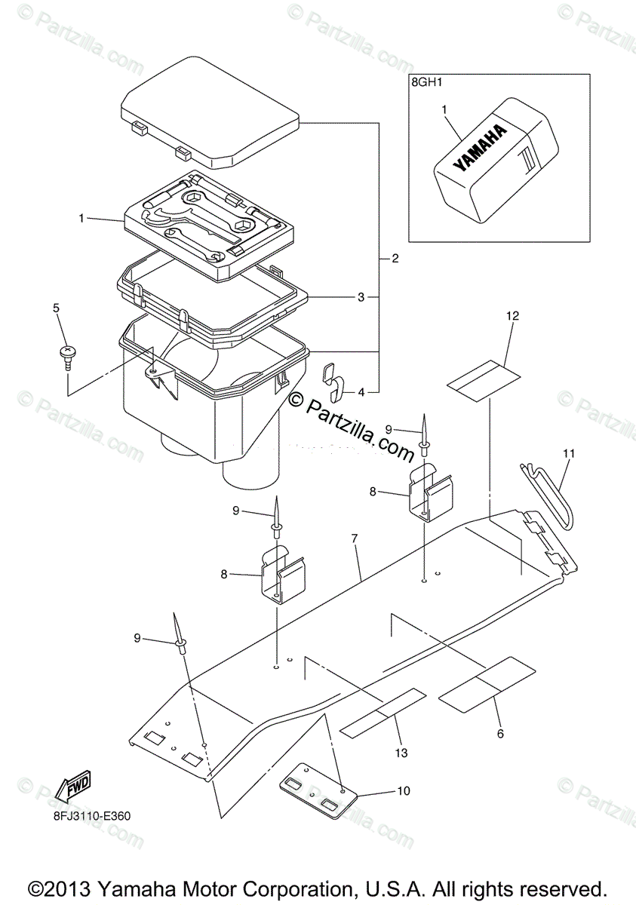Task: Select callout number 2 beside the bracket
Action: [x=395, y=259]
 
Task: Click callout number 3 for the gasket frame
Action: [x=361, y=297]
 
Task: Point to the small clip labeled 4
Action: [x=334, y=381]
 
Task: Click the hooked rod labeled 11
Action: [x=548, y=494]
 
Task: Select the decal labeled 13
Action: [x=383, y=711]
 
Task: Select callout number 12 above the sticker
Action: [x=512, y=316]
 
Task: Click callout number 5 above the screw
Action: [x=55, y=308]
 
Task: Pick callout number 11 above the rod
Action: [x=568, y=453]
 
